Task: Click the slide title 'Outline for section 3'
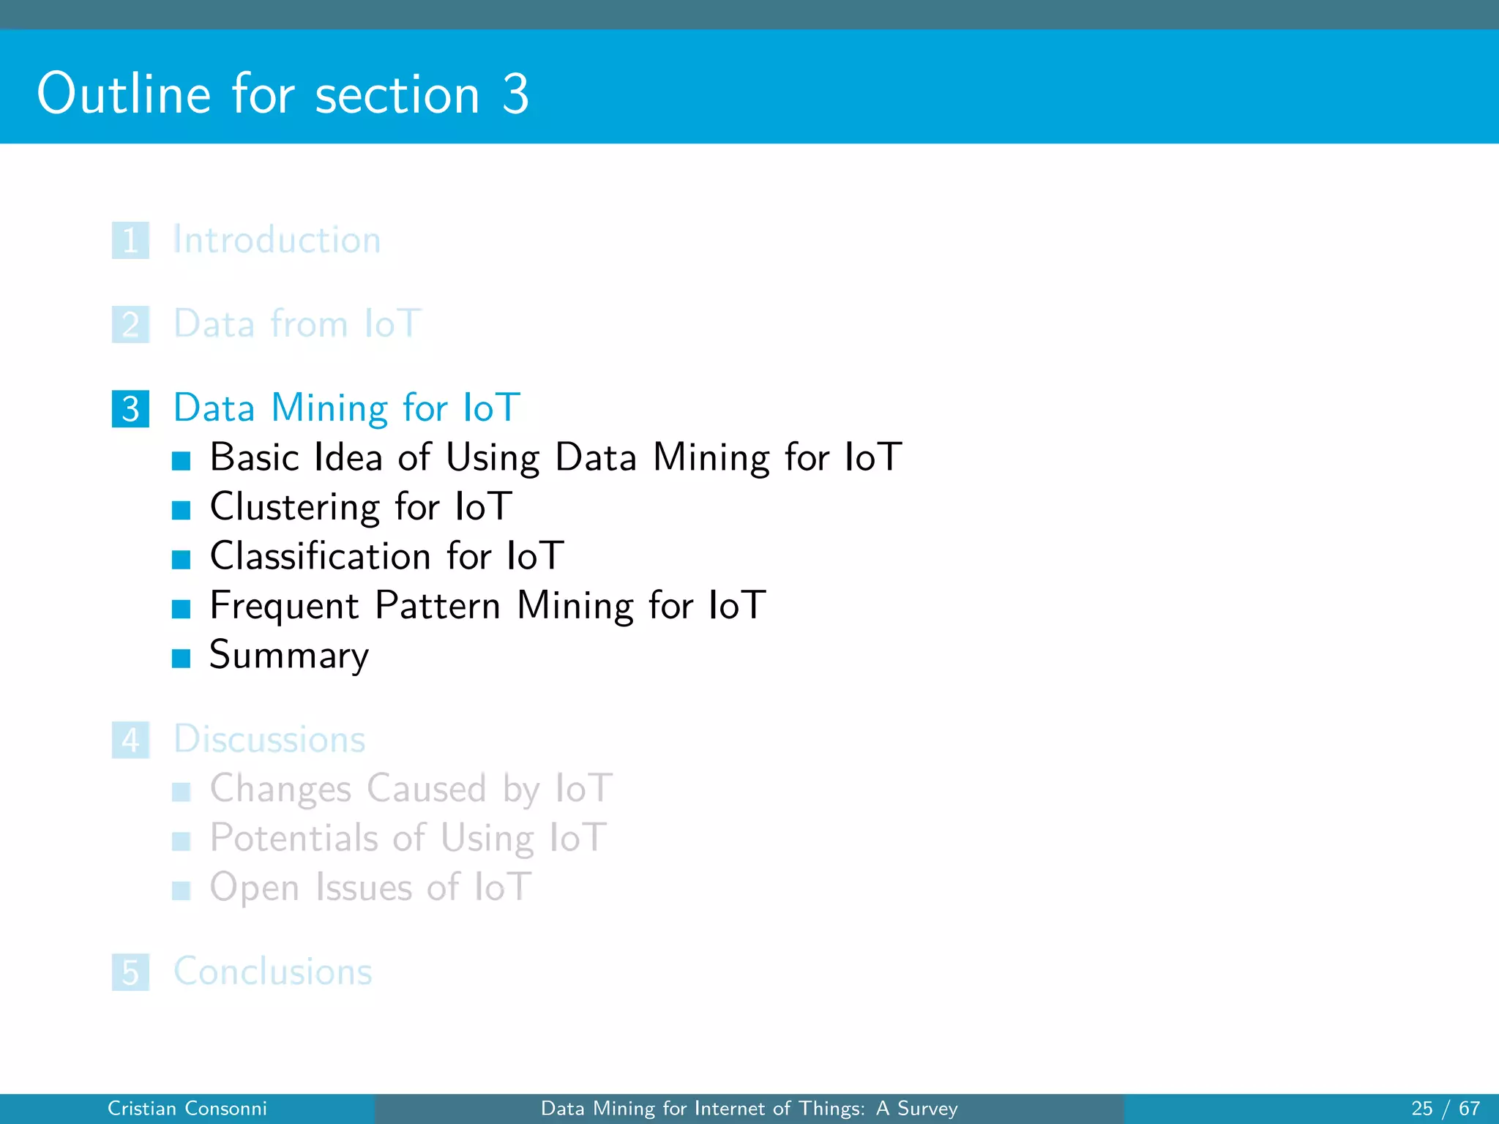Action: click(283, 94)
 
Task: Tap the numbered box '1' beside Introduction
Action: click(130, 240)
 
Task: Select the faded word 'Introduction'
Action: click(277, 240)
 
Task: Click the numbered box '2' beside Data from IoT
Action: click(130, 324)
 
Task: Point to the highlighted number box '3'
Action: click(130, 408)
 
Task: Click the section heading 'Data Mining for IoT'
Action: click(346, 408)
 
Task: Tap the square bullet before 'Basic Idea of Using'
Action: click(181, 460)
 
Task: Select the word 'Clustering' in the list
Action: click(294, 506)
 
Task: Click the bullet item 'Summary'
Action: click(289, 655)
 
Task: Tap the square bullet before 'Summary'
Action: click(181, 658)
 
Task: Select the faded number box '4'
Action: click(130, 740)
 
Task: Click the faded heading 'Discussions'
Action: click(269, 739)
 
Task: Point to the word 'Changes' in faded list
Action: click(280, 789)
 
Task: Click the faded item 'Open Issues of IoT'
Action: click(370, 887)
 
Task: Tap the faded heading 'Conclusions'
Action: click(272, 972)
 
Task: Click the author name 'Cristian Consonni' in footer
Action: click(187, 1109)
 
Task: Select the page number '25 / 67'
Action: click(1445, 1109)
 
